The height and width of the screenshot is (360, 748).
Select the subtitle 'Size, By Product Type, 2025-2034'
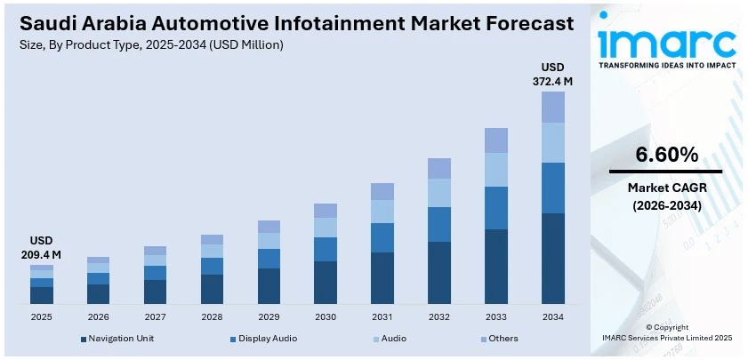point(150,45)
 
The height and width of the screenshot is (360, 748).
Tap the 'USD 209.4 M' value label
point(41,248)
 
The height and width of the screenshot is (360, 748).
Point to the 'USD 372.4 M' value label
point(553,75)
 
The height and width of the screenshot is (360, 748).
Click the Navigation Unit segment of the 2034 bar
point(553,258)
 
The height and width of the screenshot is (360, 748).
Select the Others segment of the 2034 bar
point(553,107)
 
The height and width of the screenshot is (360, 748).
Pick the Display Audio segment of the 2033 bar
point(496,208)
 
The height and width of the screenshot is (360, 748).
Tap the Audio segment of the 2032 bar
point(439,193)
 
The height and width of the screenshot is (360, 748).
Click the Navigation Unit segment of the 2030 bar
point(326,283)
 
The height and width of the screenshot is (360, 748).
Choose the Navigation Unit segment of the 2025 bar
point(42,295)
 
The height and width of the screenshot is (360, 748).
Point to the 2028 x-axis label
point(212,317)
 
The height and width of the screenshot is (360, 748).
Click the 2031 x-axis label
point(382,317)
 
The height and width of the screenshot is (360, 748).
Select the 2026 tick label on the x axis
point(98,317)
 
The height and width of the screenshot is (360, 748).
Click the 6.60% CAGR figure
point(665,155)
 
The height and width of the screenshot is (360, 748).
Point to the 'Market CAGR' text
point(665,188)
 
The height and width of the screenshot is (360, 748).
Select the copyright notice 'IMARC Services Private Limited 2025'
point(666,339)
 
